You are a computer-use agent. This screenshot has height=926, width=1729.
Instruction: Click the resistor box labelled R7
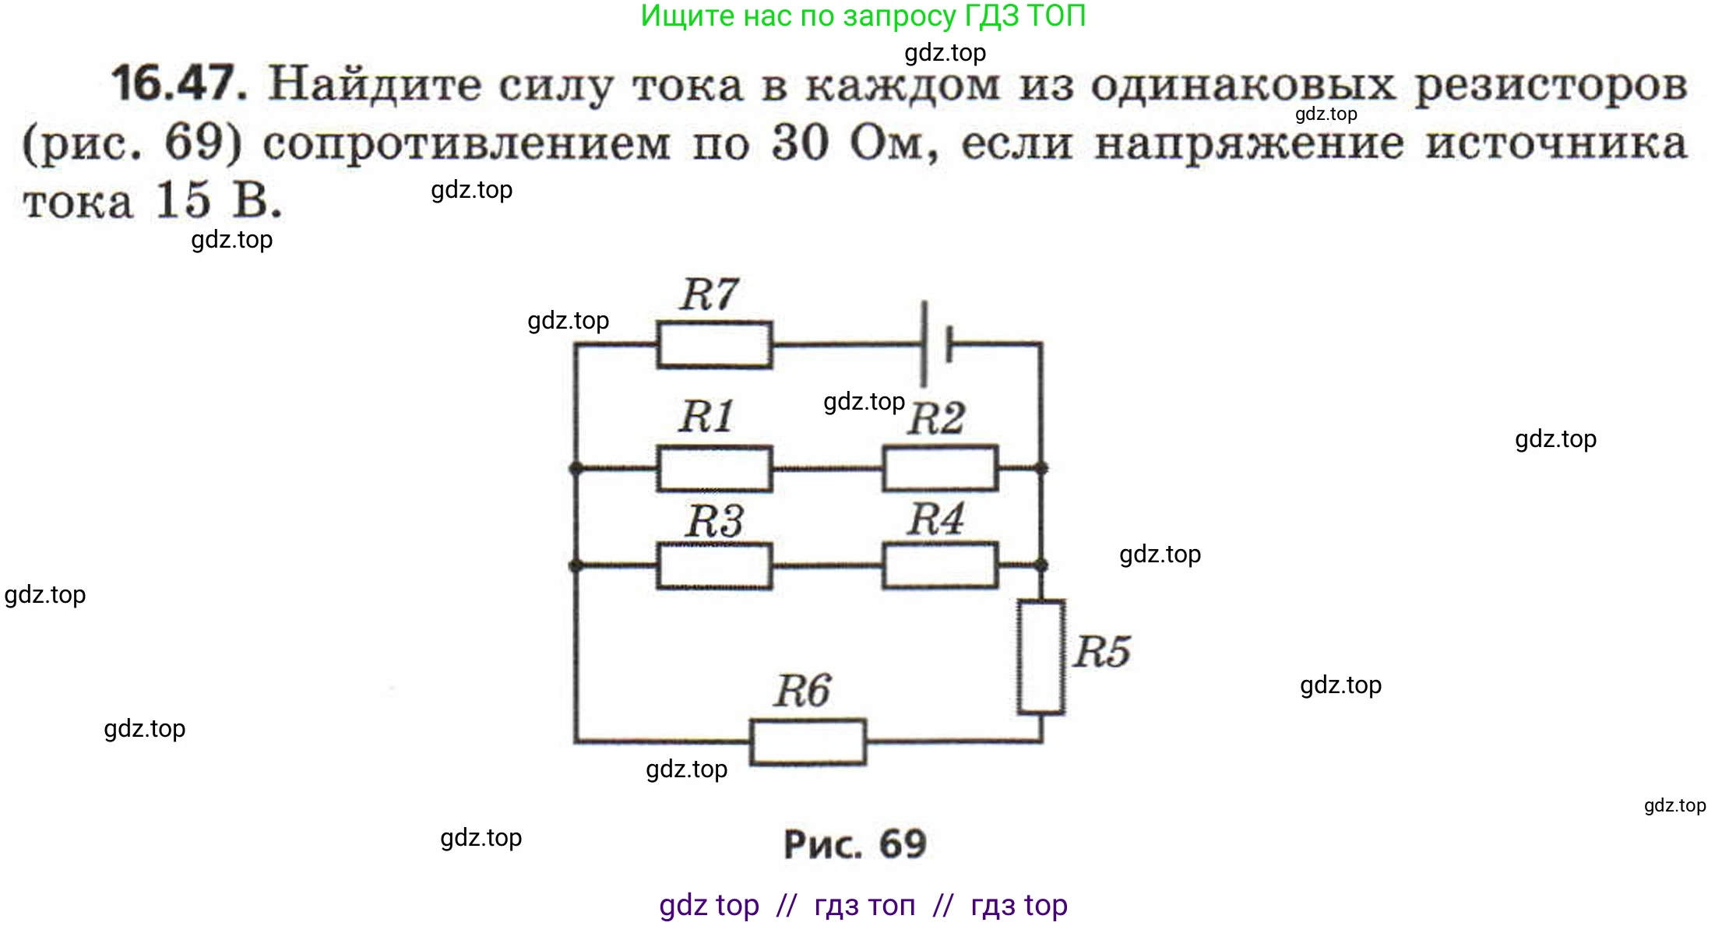pos(714,343)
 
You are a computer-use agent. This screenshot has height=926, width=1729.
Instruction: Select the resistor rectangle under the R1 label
pos(714,468)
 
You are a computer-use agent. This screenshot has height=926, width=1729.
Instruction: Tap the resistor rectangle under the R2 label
pos(940,468)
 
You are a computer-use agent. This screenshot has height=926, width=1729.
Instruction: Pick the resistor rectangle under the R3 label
pos(714,565)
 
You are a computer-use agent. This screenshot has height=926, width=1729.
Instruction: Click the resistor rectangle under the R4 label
pos(940,565)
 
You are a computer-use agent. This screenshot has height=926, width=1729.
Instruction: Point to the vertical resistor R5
pos(1041,657)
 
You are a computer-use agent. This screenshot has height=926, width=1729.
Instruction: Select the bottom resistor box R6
pos(808,741)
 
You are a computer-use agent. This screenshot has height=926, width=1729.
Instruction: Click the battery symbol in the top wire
pos(935,343)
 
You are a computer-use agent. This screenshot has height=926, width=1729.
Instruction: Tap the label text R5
pos(1101,651)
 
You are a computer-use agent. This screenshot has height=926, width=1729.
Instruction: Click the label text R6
pos(802,690)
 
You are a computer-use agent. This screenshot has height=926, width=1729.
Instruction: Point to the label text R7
pos(709,294)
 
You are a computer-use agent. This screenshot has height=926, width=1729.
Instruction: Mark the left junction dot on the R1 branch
pos(576,468)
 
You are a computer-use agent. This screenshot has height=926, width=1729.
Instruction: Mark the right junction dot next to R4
pos(1041,565)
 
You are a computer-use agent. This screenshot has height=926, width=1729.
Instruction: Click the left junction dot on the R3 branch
pos(576,565)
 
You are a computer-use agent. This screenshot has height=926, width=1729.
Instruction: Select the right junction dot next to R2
pos(1041,468)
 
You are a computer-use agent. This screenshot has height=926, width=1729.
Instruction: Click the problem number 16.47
pos(179,83)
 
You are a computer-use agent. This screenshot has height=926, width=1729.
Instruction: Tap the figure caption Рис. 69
pos(855,843)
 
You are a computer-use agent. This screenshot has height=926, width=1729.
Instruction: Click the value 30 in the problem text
pos(800,143)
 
